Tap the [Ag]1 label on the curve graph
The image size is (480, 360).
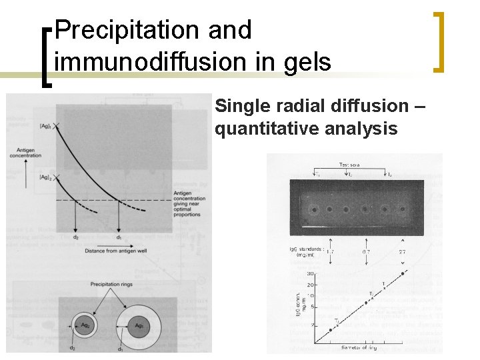[45, 125]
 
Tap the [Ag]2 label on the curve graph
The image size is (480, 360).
[45, 177]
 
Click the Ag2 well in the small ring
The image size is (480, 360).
[83, 325]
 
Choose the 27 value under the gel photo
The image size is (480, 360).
[402, 252]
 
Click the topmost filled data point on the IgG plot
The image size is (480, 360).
[402, 273]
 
